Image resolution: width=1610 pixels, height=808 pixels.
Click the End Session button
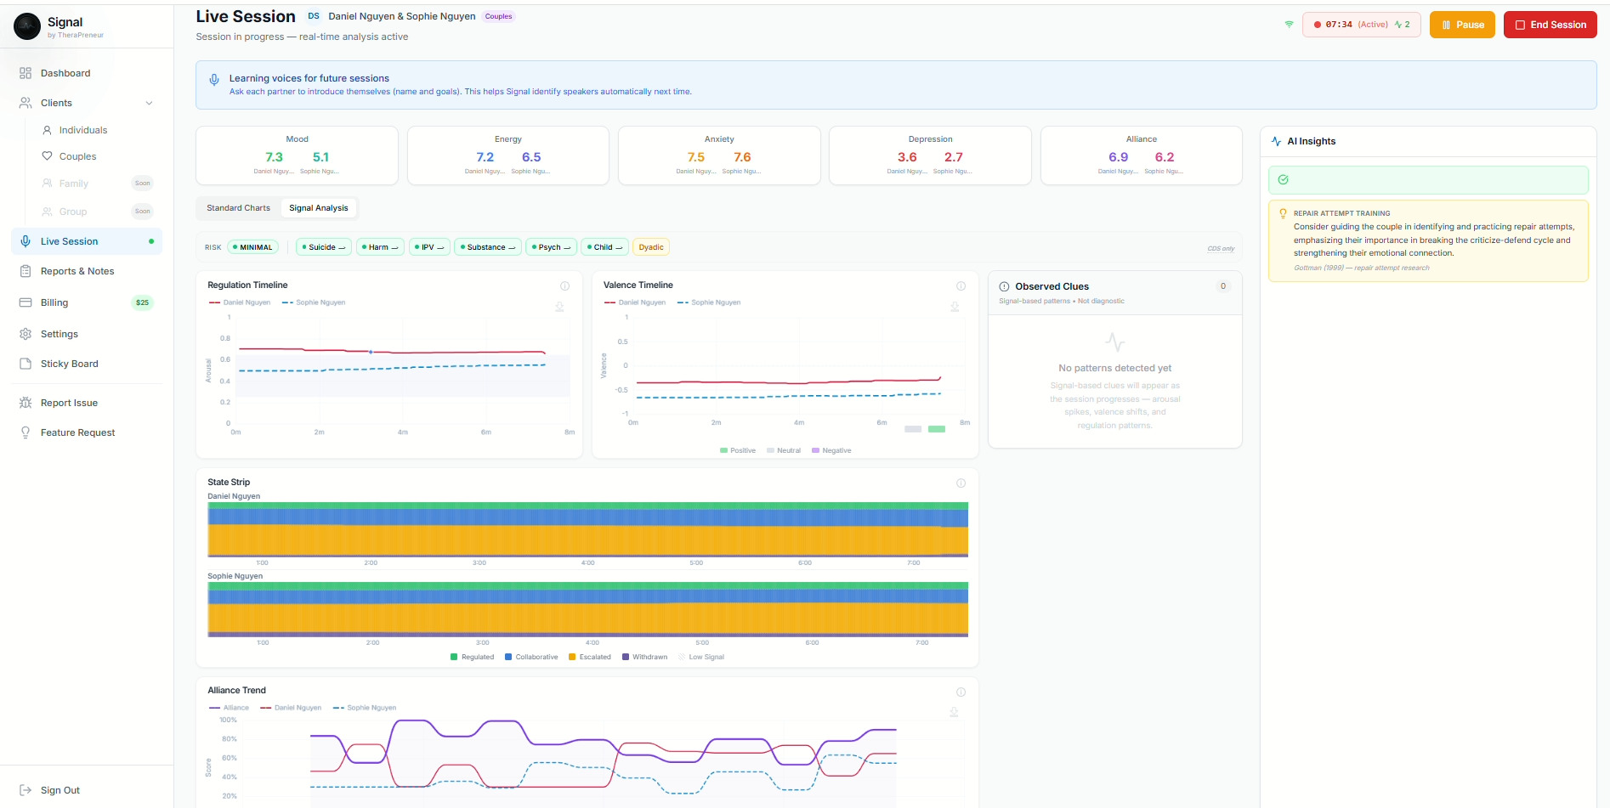(1550, 25)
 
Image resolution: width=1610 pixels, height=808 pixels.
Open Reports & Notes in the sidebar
(77, 271)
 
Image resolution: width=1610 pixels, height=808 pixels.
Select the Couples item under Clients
(77, 156)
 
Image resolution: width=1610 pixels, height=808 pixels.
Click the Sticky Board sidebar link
(70, 364)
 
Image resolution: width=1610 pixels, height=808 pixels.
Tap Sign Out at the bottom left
(60, 790)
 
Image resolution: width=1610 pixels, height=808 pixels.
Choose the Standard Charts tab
(238, 208)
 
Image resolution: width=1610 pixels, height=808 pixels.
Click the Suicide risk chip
(323, 247)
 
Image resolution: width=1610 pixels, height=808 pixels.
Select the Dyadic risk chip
(651, 247)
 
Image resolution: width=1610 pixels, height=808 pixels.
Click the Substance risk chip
(488, 247)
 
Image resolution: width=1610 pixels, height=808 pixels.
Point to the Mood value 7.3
(274, 157)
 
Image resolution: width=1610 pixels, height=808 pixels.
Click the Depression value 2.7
(953, 157)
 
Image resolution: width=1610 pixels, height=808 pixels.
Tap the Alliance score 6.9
(1118, 157)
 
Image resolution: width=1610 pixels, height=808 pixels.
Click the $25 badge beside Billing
(142, 302)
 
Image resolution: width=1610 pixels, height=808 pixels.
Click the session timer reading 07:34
(1339, 25)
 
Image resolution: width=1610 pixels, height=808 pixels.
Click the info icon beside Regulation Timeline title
(564, 286)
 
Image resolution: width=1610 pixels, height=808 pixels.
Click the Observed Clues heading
(1052, 286)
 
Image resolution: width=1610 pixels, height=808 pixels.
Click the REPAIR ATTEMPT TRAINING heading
(1341, 213)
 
